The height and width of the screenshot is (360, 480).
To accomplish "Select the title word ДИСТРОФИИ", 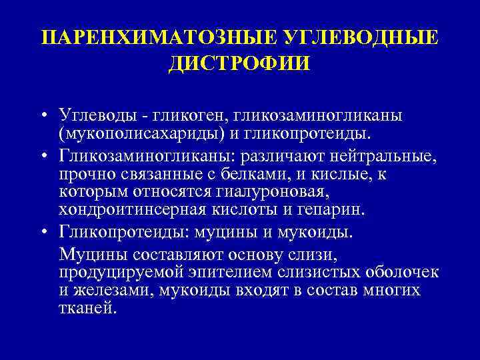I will click(239, 65).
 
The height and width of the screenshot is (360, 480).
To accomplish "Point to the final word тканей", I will click(87, 309).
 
